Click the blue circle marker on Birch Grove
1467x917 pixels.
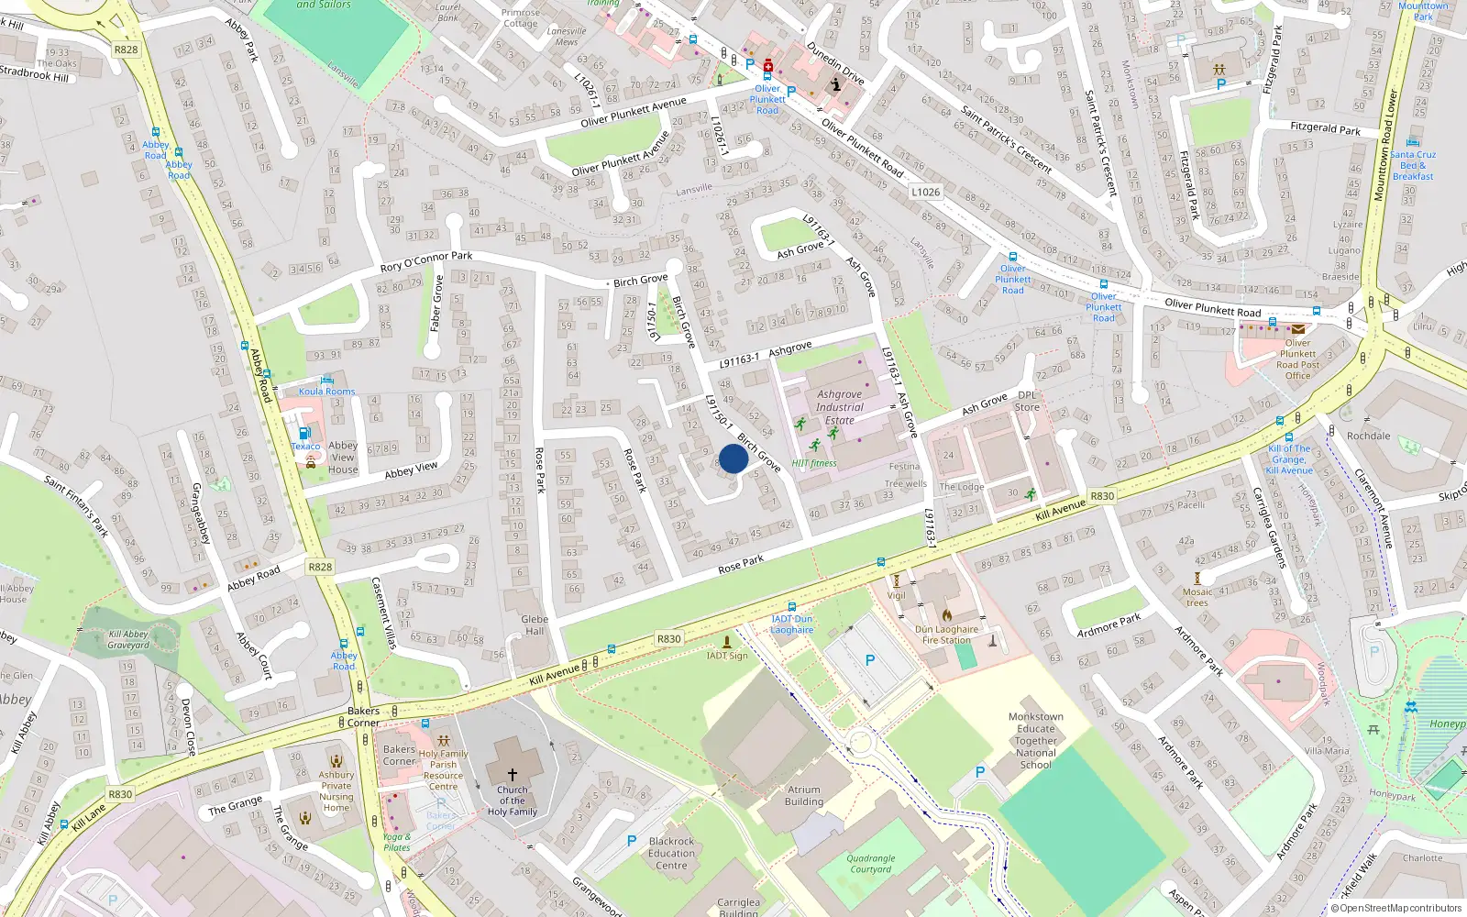(x=733, y=458)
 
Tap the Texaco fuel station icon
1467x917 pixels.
(x=304, y=433)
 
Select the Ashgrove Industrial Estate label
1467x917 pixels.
(x=839, y=407)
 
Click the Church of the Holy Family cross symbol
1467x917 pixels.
(x=512, y=775)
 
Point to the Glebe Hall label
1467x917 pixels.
(x=535, y=624)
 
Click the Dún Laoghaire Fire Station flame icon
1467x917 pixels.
(x=946, y=615)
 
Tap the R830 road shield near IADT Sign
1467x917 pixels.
(x=668, y=639)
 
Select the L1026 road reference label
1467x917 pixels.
(x=925, y=192)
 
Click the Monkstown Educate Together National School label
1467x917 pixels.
(x=1036, y=741)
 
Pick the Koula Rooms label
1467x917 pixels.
(x=326, y=392)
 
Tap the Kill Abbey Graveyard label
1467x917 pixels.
(x=128, y=639)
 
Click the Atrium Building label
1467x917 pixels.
(x=804, y=795)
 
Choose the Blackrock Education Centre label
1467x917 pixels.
(x=671, y=853)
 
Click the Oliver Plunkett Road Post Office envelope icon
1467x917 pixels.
(x=1298, y=329)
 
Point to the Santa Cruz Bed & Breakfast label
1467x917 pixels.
(x=1413, y=165)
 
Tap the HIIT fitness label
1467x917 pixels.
(x=814, y=463)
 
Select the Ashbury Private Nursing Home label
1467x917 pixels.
(x=336, y=790)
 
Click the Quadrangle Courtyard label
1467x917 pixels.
(x=870, y=864)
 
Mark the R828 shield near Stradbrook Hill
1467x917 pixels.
(x=126, y=50)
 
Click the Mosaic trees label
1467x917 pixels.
(x=1197, y=597)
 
